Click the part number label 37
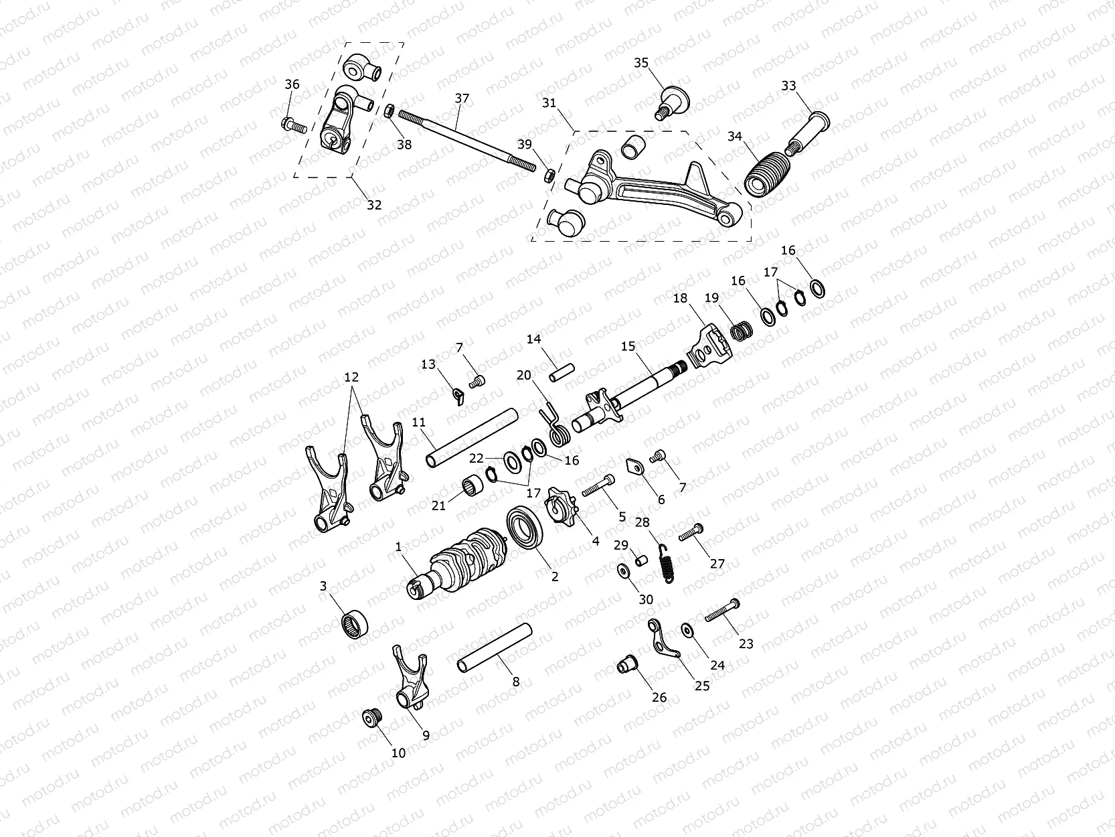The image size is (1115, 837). point(462,98)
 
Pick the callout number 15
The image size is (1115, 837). point(628,346)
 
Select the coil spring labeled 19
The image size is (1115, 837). point(740,331)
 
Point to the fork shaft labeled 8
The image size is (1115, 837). point(494,646)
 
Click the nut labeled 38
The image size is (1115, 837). point(388,111)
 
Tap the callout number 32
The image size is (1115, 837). point(374,205)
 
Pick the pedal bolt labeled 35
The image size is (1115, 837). point(670,102)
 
